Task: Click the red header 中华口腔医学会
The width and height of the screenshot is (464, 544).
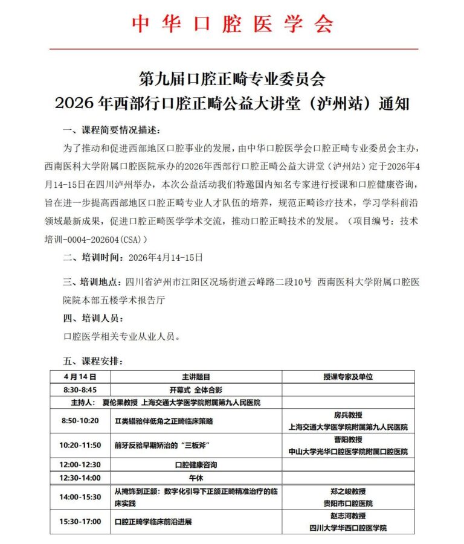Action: tap(233, 23)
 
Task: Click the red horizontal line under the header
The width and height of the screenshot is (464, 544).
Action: tap(233, 48)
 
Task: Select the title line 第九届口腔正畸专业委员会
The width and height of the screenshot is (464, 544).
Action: tap(233, 79)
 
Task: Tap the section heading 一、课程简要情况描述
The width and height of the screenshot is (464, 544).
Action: tap(112, 131)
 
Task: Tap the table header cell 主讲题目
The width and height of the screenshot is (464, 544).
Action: tap(196, 376)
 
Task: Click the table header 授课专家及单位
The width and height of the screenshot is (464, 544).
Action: tap(348, 376)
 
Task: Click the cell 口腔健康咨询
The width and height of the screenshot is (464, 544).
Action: tap(196, 465)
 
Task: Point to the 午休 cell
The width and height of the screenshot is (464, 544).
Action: tap(196, 478)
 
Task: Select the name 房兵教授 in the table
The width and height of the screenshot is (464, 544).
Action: tap(348, 415)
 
